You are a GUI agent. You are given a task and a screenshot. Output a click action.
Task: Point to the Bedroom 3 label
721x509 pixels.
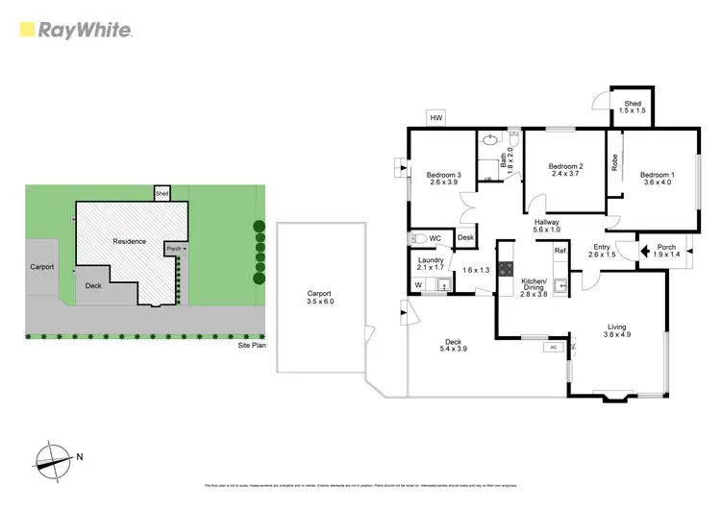[x=444, y=180]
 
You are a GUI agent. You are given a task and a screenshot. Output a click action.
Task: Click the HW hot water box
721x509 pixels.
[x=436, y=117]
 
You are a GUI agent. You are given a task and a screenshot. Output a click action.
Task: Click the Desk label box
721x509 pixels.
[x=465, y=238]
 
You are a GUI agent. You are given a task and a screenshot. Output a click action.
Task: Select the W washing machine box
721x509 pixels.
[x=418, y=284]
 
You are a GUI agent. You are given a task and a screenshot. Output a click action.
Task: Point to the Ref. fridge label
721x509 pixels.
[x=560, y=252]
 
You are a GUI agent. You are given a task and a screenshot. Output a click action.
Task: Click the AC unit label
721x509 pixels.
[x=553, y=348]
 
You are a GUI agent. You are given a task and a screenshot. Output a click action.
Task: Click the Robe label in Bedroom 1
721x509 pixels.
[x=615, y=163]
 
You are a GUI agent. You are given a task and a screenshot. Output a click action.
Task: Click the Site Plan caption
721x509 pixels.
[x=253, y=344]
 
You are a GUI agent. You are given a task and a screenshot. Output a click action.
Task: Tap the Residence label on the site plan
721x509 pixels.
[x=130, y=240]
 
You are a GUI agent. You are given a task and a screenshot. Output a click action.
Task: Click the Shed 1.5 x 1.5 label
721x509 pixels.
[x=633, y=108]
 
